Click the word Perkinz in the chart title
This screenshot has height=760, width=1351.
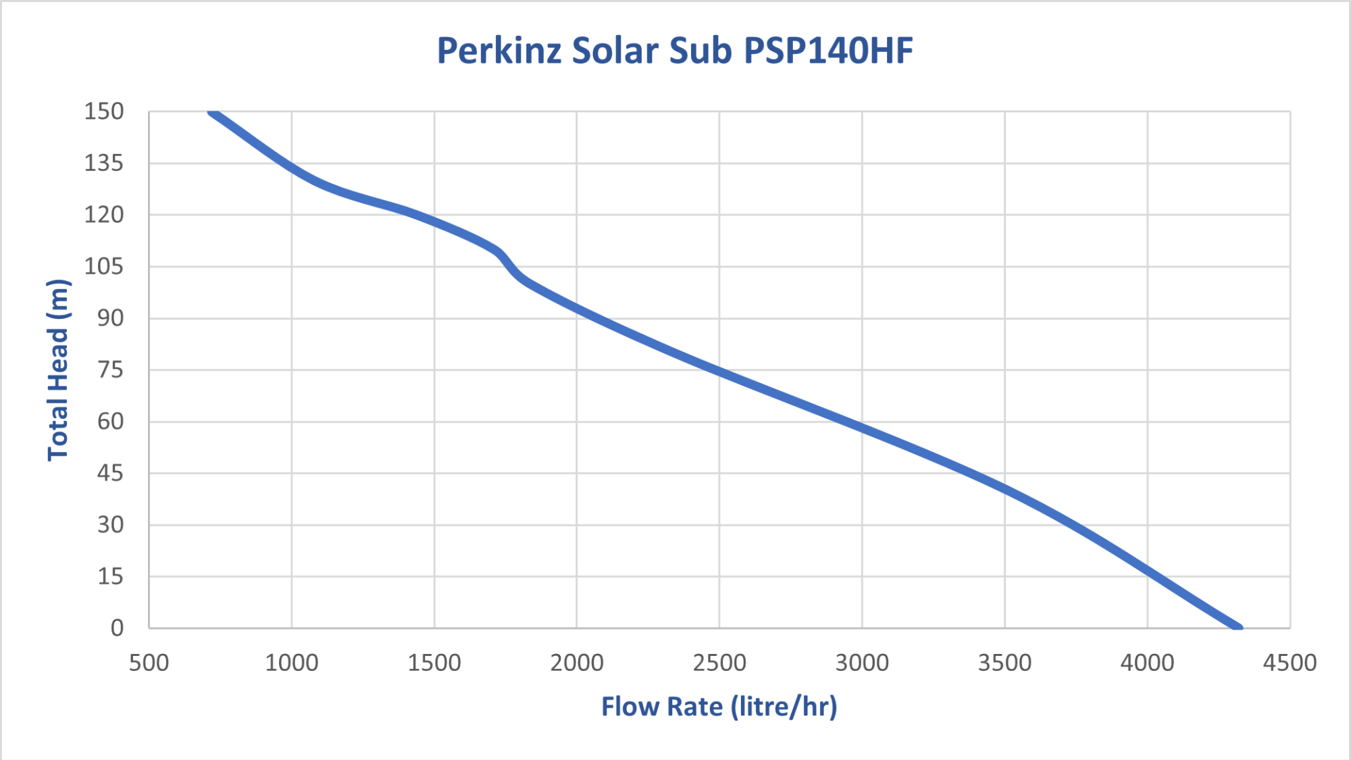point(499,51)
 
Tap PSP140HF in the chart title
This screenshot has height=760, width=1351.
point(828,51)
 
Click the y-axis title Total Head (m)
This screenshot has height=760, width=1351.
point(58,370)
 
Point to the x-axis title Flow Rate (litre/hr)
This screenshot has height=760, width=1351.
point(719,707)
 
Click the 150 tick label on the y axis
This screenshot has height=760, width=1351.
point(104,111)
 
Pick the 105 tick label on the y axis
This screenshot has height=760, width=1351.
point(104,266)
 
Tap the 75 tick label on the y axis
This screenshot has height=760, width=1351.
point(110,370)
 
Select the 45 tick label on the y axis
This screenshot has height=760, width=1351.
point(110,473)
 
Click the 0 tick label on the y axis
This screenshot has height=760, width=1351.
point(118,628)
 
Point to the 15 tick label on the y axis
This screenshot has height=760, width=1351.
point(110,576)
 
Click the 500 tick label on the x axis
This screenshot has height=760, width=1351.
point(149,663)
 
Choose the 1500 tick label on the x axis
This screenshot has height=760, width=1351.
point(434,663)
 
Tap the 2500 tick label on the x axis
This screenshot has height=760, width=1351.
point(719,663)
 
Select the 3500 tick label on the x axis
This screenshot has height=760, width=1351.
point(1004,663)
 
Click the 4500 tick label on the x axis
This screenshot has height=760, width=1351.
point(1290,663)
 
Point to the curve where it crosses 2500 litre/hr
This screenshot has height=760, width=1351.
point(719,371)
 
